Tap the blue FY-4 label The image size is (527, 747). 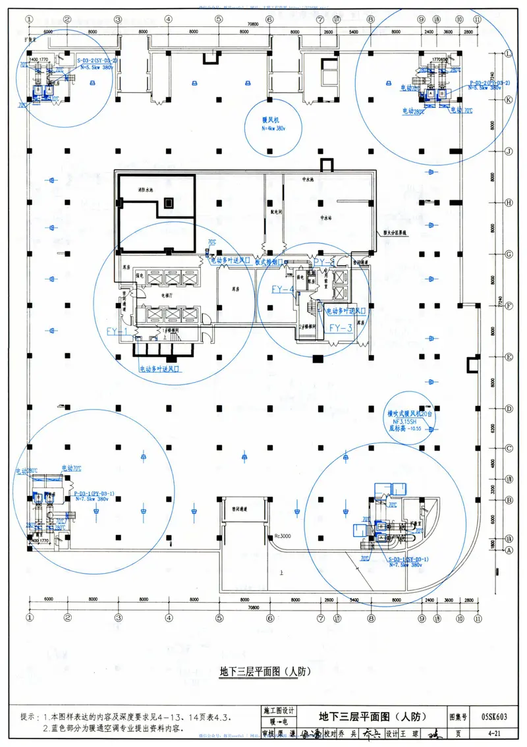[283, 289]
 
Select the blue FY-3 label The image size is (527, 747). [341, 327]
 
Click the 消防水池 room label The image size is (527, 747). [146, 190]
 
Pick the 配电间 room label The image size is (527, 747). [273, 213]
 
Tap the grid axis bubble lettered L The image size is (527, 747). [508, 55]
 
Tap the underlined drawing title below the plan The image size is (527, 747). [263, 673]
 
